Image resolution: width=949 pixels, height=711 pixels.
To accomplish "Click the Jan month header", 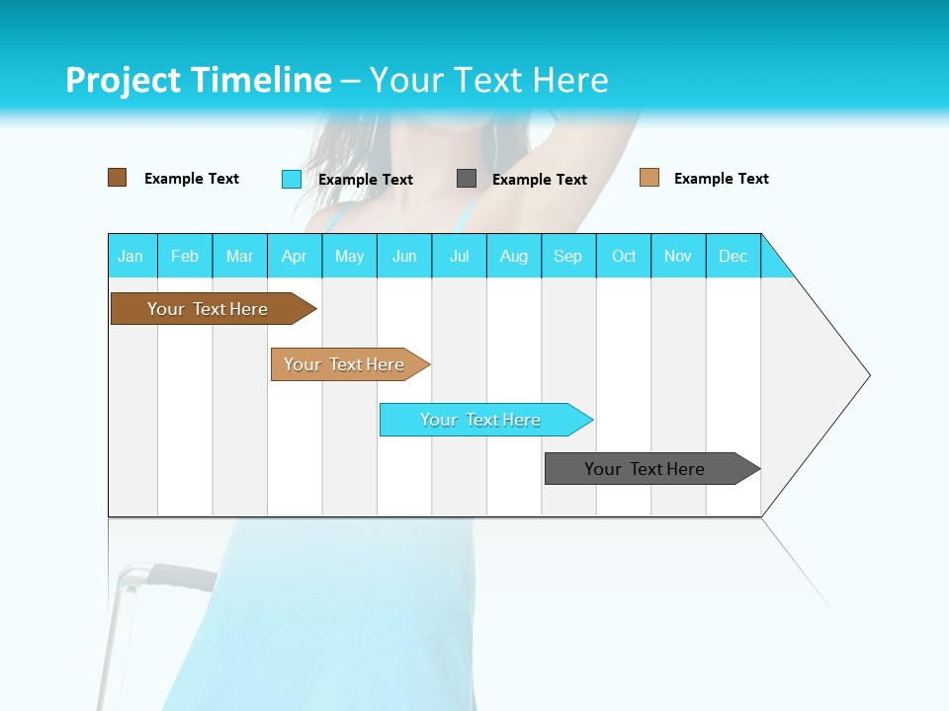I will point(131,256).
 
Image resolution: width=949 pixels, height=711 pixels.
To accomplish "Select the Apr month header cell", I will point(295,256).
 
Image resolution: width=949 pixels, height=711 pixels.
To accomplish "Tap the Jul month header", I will point(459,256).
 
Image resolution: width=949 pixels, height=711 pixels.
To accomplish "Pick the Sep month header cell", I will point(568,256).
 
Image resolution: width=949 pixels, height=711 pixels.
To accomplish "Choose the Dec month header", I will point(733,256).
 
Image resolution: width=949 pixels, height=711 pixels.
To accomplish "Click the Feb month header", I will point(185,256).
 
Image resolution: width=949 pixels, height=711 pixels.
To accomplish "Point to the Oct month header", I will point(624,256).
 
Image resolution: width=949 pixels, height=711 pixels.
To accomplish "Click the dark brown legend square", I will point(118,178).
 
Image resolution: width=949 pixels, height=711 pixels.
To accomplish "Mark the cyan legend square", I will point(292,179).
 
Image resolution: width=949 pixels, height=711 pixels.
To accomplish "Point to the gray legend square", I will point(467,179).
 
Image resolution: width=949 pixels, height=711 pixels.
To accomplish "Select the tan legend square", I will point(649,178).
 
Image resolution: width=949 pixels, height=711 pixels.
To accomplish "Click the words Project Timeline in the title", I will point(198,80).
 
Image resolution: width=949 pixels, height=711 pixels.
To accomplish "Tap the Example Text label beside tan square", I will point(721,179).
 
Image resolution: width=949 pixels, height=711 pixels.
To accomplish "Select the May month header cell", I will point(349,256).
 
